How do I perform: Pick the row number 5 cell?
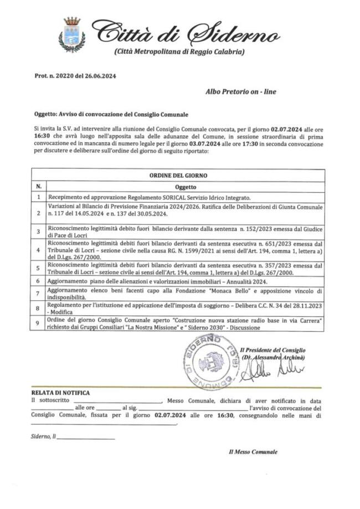click(x=38, y=269)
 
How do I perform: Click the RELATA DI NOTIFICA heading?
click(x=60, y=393)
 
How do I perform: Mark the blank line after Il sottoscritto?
click(x=117, y=401)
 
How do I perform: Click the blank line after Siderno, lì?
click(x=86, y=438)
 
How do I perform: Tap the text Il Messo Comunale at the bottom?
click(x=253, y=452)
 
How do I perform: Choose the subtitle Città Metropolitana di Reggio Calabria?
click(x=179, y=52)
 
